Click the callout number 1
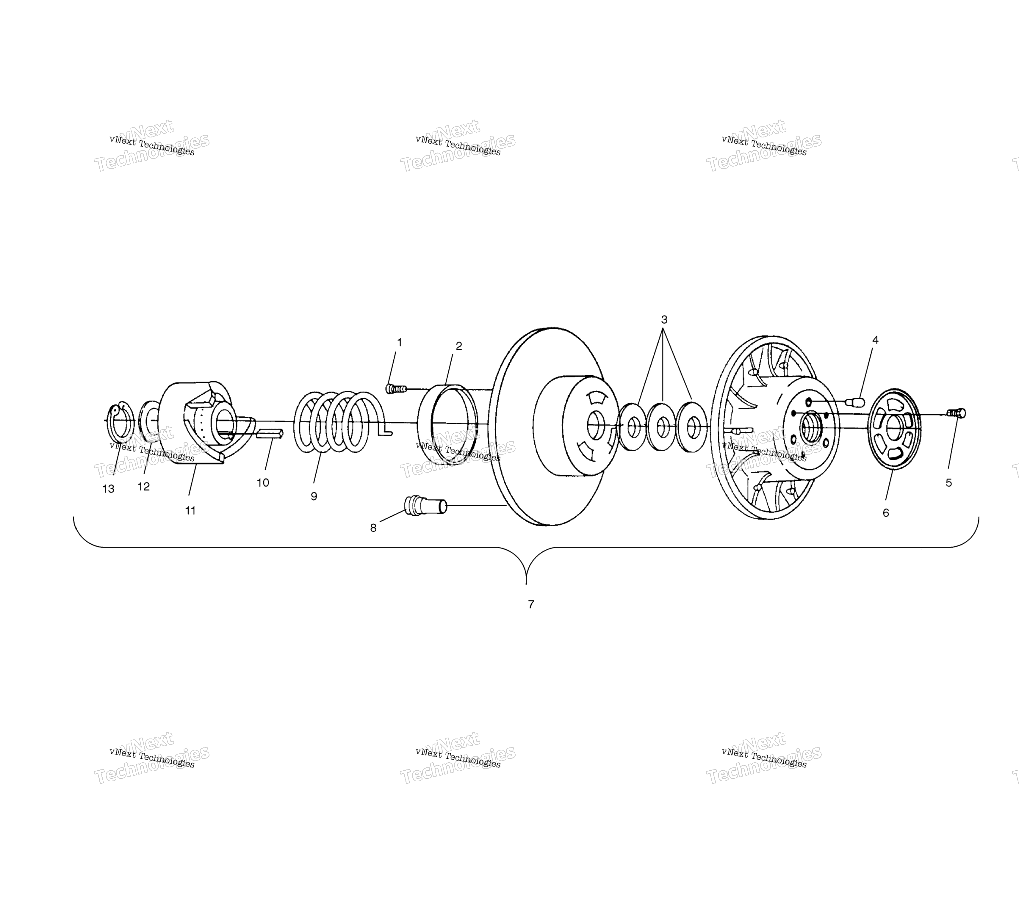[x=399, y=343]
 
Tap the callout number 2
[x=458, y=346]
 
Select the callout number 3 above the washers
[x=664, y=319]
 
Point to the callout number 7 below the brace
[x=531, y=604]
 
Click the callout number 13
[x=108, y=489]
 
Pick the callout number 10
[x=263, y=483]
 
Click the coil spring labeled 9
[x=337, y=422]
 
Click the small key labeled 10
[x=270, y=433]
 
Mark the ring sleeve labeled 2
[x=447, y=426]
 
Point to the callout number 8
[x=373, y=528]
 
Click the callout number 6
[x=885, y=513]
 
